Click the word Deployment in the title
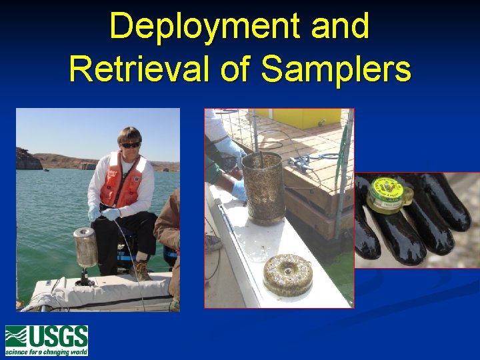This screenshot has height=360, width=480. (196, 27)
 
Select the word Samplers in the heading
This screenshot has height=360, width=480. (336, 69)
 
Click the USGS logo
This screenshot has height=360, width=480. (46, 341)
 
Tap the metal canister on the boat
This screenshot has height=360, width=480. (85, 247)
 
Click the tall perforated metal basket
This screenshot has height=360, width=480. (263, 187)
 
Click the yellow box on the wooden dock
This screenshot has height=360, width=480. (306, 118)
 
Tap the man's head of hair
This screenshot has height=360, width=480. (129, 133)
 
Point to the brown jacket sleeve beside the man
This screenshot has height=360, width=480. (167, 220)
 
